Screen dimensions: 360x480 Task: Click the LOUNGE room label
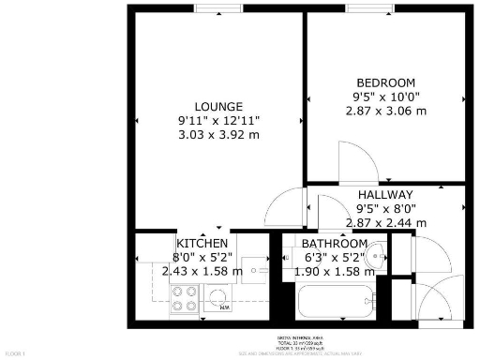pyautogui.click(x=219, y=106)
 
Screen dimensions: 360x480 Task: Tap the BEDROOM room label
pyautogui.click(x=384, y=81)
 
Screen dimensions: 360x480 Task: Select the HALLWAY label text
pyautogui.click(x=385, y=194)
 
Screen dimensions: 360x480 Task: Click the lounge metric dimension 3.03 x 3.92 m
pyautogui.click(x=219, y=135)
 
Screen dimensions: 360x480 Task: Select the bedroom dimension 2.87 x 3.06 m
pyautogui.click(x=384, y=110)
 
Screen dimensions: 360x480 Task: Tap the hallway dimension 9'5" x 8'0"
pyautogui.click(x=385, y=208)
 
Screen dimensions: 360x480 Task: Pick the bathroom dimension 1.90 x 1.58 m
pyautogui.click(x=334, y=272)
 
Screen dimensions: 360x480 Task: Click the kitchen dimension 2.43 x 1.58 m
pyautogui.click(x=202, y=272)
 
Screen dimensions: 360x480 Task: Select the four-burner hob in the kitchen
pyautogui.click(x=183, y=298)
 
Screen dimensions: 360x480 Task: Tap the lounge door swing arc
pyautogui.click(x=282, y=204)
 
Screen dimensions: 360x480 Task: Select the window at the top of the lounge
pyautogui.click(x=219, y=9)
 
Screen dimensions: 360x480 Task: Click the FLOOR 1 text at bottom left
pyautogui.click(x=16, y=352)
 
